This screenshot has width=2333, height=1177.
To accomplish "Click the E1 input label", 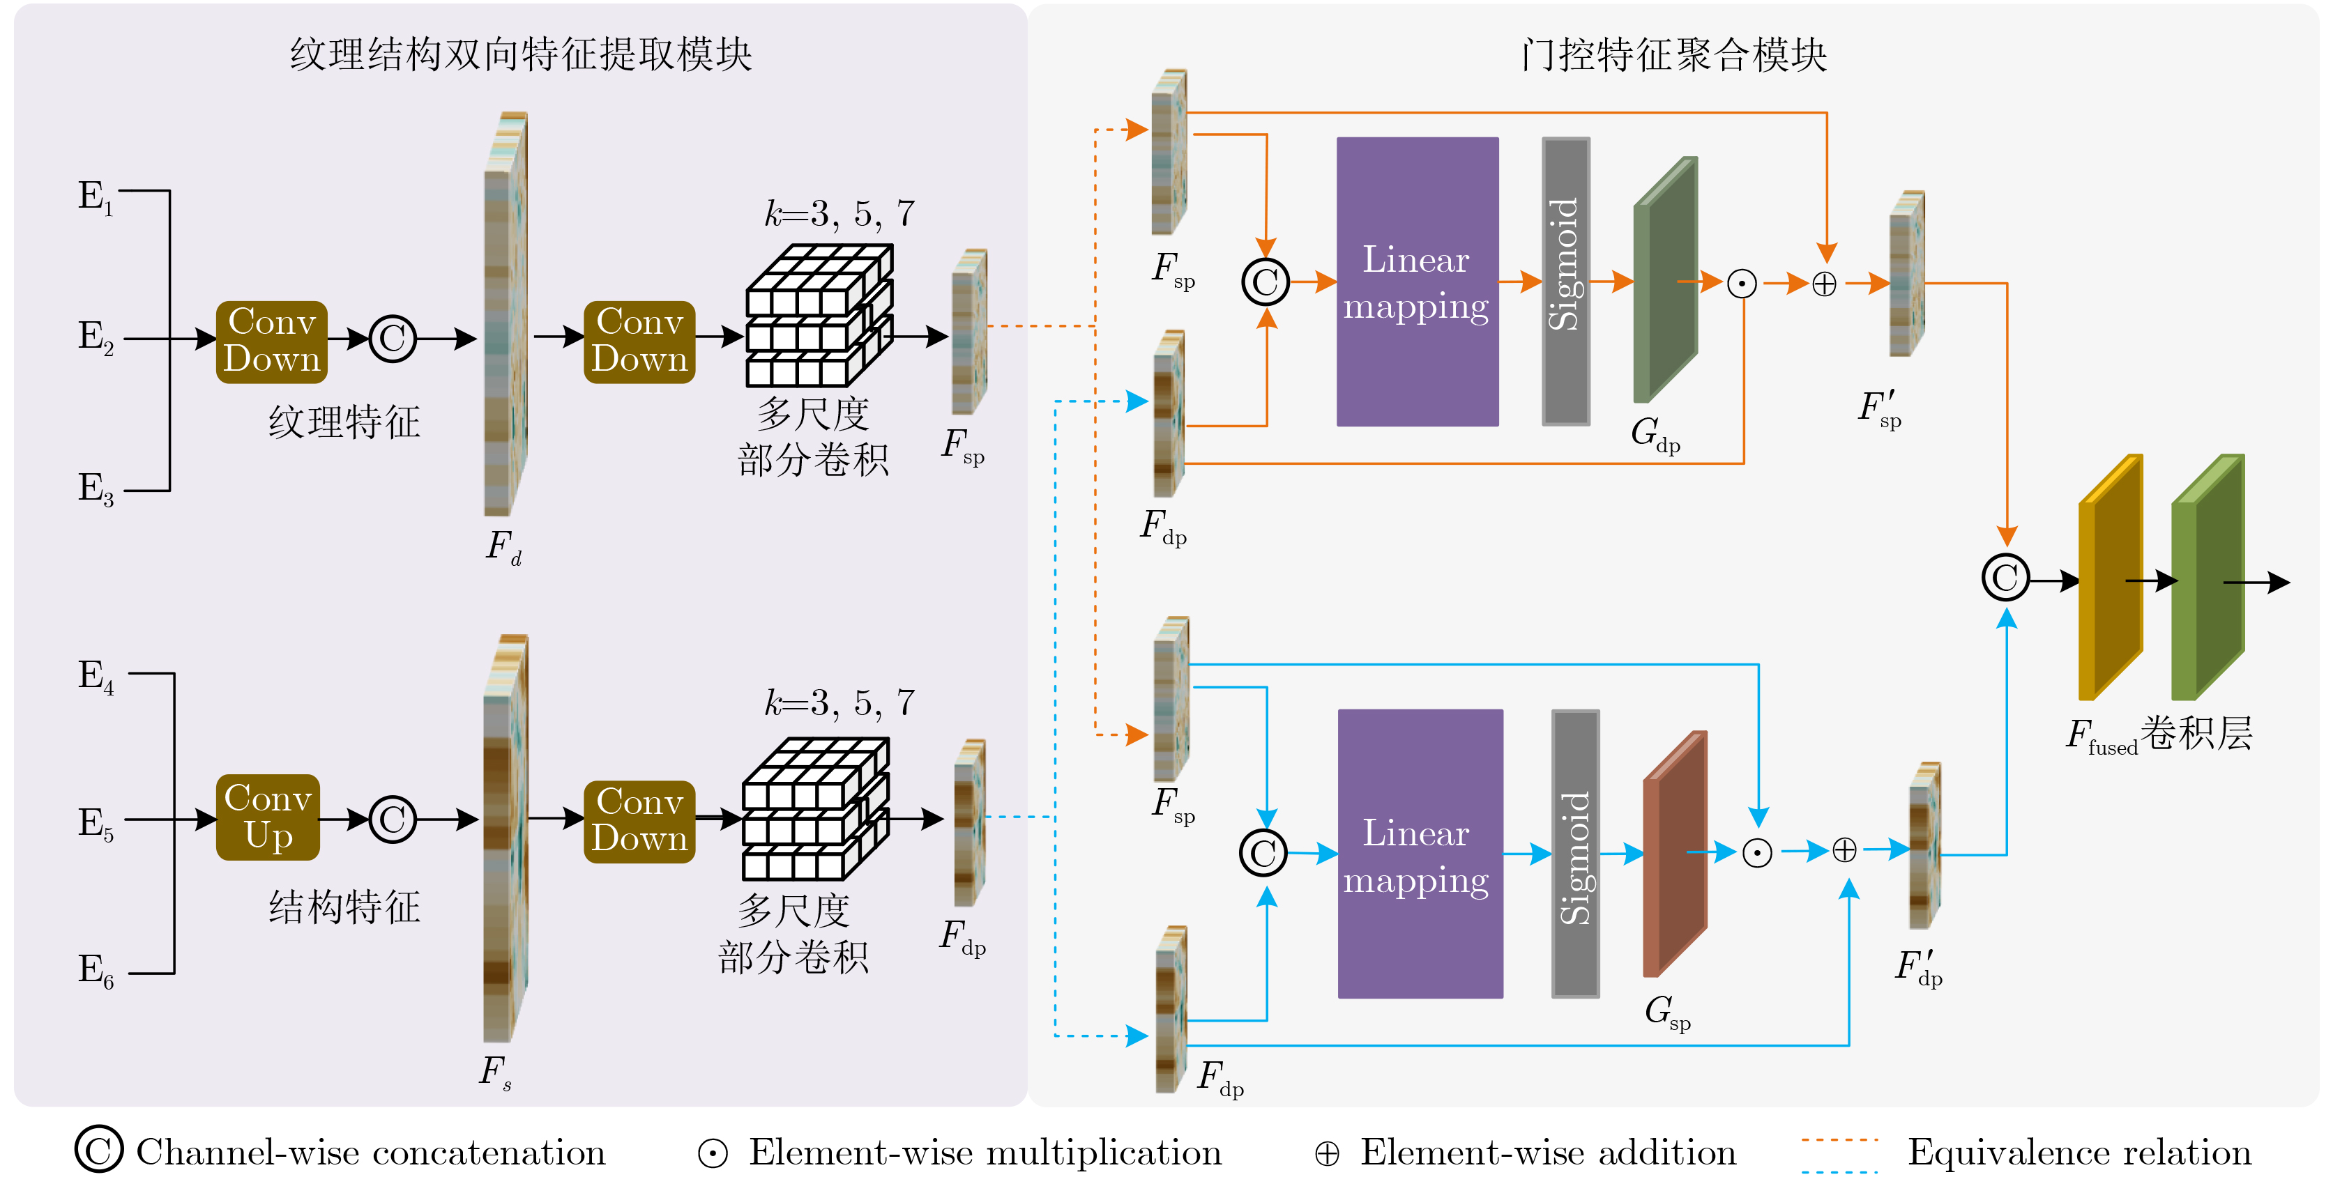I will (95, 197).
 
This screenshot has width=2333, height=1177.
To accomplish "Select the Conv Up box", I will (268, 817).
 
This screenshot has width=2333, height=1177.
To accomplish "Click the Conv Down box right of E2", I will (272, 341).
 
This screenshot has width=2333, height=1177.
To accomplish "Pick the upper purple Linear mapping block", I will (1417, 282).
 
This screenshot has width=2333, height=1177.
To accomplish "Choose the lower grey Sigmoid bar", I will (1575, 854).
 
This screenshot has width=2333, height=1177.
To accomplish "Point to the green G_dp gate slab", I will (1664, 281).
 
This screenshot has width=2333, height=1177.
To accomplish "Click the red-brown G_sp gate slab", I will (1675, 854).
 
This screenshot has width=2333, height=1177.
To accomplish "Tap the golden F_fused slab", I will (2109, 578).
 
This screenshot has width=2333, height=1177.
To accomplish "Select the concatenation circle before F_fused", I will (2005, 578).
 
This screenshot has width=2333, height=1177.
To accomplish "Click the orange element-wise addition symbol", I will (1824, 284).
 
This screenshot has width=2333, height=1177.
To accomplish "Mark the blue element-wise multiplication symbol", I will (1757, 853).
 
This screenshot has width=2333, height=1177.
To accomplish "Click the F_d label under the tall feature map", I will (503, 547).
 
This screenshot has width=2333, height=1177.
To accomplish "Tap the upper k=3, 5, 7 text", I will (839, 215).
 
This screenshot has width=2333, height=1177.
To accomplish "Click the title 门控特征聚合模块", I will (1673, 54).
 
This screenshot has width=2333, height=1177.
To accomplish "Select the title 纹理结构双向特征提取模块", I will (521, 54).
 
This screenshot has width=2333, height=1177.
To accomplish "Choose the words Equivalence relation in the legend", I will (2079, 1153).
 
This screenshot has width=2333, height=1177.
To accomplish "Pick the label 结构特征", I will (344, 907).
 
